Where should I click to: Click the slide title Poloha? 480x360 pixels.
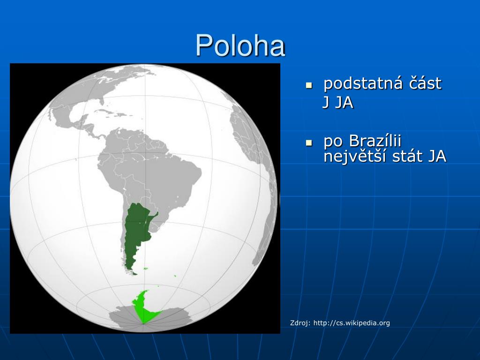[240, 45]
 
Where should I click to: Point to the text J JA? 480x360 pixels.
[337, 102]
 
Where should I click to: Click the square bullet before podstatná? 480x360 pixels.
[309, 85]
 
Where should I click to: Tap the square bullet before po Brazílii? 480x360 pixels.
[309, 142]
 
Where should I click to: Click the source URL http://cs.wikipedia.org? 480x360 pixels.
[352, 322]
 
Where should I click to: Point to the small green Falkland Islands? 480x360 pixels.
[146, 269]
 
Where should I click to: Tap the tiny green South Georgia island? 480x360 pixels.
[175, 276]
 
